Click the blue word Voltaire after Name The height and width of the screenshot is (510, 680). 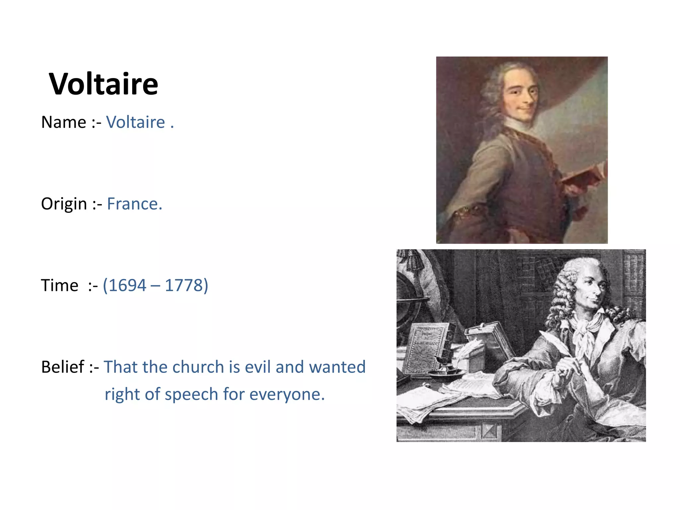pos(135,122)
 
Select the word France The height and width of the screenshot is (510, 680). pos(134,204)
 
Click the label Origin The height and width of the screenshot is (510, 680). pos(64,204)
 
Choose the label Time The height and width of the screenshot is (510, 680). pos(59,286)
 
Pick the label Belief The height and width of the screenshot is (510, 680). pos(63,367)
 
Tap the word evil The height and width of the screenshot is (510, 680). pos(258,367)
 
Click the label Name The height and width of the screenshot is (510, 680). pos(64,122)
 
